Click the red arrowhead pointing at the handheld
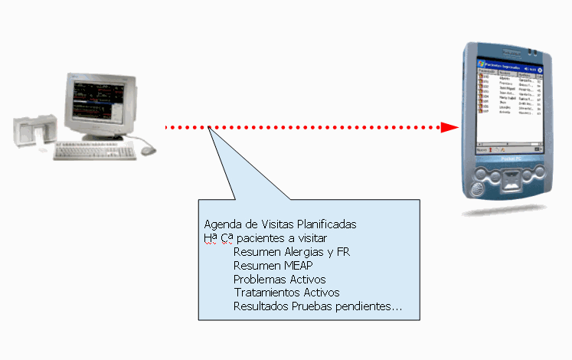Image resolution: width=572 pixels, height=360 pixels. (x=449, y=127)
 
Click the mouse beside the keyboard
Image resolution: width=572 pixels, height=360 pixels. (x=148, y=151)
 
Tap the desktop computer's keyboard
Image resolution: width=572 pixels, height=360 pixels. (x=94, y=152)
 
